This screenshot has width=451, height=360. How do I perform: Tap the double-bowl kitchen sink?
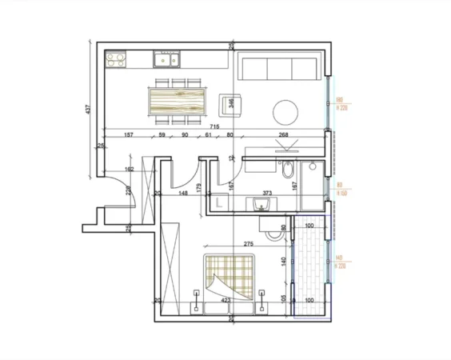168,58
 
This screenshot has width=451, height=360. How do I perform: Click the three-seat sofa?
280,69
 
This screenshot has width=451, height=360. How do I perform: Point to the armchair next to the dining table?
229,102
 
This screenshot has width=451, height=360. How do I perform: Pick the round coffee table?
285,110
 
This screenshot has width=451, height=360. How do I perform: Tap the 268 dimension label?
283,135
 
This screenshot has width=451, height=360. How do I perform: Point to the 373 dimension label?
266,193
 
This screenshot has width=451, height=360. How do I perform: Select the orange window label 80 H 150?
341,190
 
